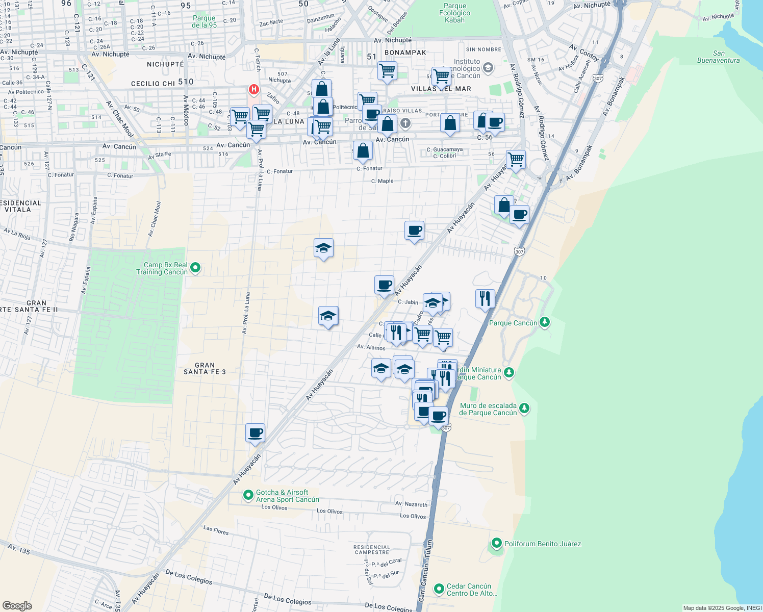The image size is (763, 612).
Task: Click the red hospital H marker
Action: coord(253,90)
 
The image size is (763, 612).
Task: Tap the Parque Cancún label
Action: coord(513,323)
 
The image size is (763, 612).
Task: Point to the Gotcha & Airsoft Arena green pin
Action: coord(248,495)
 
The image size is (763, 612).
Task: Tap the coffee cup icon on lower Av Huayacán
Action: coord(256,433)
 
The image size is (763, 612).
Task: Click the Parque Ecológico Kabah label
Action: coord(454,13)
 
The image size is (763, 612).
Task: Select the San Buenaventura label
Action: coord(718,57)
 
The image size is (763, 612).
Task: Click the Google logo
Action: coord(17,605)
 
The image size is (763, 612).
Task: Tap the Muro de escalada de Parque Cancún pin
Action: coord(524,409)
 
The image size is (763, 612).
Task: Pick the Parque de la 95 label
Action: coord(204,21)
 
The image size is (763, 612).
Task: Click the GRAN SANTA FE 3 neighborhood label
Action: coord(205,368)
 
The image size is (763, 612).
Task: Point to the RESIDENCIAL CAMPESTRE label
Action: coord(372,549)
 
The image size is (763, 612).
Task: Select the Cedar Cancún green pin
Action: coord(439,589)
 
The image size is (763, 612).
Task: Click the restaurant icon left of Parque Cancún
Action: coord(485,298)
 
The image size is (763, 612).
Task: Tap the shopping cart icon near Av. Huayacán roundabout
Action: coord(516,159)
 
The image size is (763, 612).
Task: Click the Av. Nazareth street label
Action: coord(411,504)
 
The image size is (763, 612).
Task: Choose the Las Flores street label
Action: coord(216,530)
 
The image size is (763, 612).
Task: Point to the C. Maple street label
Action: coord(382,181)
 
